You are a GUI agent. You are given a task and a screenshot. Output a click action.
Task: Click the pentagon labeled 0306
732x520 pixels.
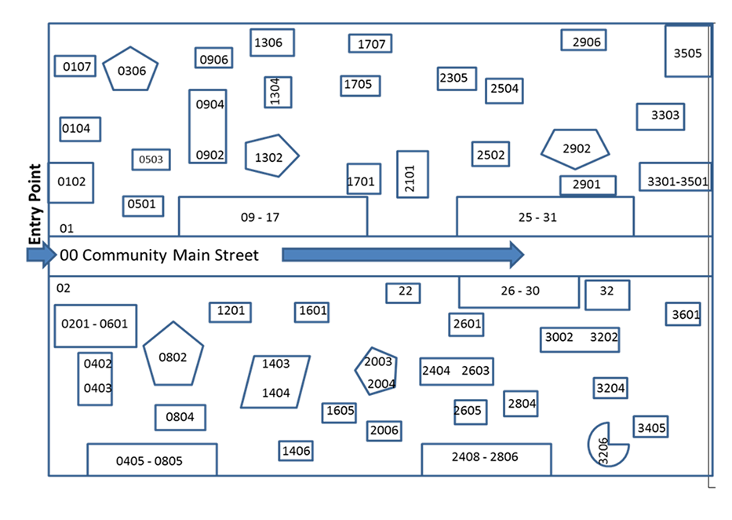coord(131,69)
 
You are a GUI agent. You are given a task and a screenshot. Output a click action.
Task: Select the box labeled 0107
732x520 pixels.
coord(75,66)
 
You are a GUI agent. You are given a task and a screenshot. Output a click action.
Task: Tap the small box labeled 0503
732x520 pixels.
coord(151,159)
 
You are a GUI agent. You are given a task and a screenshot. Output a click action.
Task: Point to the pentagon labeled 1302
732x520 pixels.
coord(270,156)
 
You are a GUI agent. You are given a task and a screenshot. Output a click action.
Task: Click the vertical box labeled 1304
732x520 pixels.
coord(278,92)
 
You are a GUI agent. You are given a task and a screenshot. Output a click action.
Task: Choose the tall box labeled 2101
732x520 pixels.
coord(412,174)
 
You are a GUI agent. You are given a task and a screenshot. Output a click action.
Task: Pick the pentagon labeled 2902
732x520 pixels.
coord(575,148)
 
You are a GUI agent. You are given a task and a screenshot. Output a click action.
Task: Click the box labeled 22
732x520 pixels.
coord(403,292)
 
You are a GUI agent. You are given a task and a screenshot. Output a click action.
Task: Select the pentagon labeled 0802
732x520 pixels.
coord(173,356)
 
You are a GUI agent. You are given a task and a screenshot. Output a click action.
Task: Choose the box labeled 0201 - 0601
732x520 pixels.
coord(95,325)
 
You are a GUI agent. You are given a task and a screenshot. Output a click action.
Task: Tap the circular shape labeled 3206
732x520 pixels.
coord(606,445)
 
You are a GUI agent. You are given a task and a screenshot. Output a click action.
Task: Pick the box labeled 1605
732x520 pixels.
coord(340,412)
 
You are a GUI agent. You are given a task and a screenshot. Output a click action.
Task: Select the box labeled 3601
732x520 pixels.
coord(683,314)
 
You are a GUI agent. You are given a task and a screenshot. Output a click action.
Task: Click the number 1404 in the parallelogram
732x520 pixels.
coord(275,393)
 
